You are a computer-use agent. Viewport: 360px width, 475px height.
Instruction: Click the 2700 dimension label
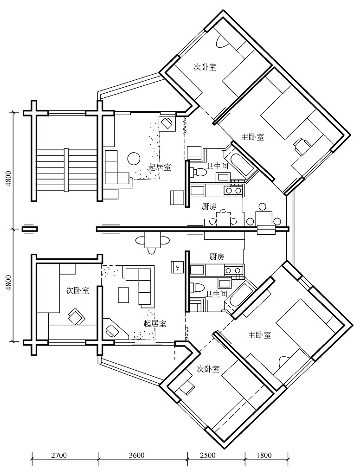(59, 455)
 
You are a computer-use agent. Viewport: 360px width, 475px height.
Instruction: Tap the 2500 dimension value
(214, 455)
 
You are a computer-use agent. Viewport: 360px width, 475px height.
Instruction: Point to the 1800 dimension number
(264, 455)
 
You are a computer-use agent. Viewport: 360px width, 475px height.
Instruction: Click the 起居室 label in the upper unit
(160, 167)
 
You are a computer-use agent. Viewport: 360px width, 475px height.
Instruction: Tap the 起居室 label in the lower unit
(155, 323)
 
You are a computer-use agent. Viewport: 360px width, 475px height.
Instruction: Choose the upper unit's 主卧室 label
(253, 137)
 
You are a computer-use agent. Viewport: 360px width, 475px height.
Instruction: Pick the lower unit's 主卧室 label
(260, 334)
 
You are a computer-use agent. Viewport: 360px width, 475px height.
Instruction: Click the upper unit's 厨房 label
(209, 206)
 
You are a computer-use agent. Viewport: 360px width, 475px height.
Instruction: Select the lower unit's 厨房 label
(217, 257)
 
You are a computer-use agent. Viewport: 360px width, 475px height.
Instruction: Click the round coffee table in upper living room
(134, 159)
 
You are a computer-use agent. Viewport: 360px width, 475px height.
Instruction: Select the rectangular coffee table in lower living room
(124, 295)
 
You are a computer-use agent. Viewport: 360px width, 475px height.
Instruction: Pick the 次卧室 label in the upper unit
(205, 67)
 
